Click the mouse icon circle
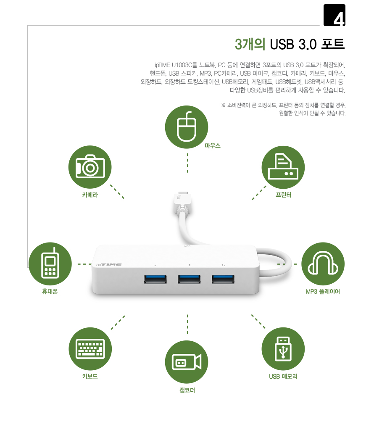pos(187,127)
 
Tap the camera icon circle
pos(90,167)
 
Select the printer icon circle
pos(283,167)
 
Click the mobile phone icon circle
pos(50,264)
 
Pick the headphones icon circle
pos(323,264)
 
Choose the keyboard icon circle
pos(90,349)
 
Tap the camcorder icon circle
pos(187,362)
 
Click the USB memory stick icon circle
pos(283,349)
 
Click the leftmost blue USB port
pos(155,279)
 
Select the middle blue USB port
pos(189,279)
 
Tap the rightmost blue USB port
pos(223,279)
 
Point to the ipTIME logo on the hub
pos(109,264)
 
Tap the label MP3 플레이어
pos(323,292)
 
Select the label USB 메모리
pos(283,376)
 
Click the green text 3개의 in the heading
pos(250,45)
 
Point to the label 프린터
pos(283,195)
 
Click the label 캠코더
pos(187,390)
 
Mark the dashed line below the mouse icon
pos(187,163)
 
